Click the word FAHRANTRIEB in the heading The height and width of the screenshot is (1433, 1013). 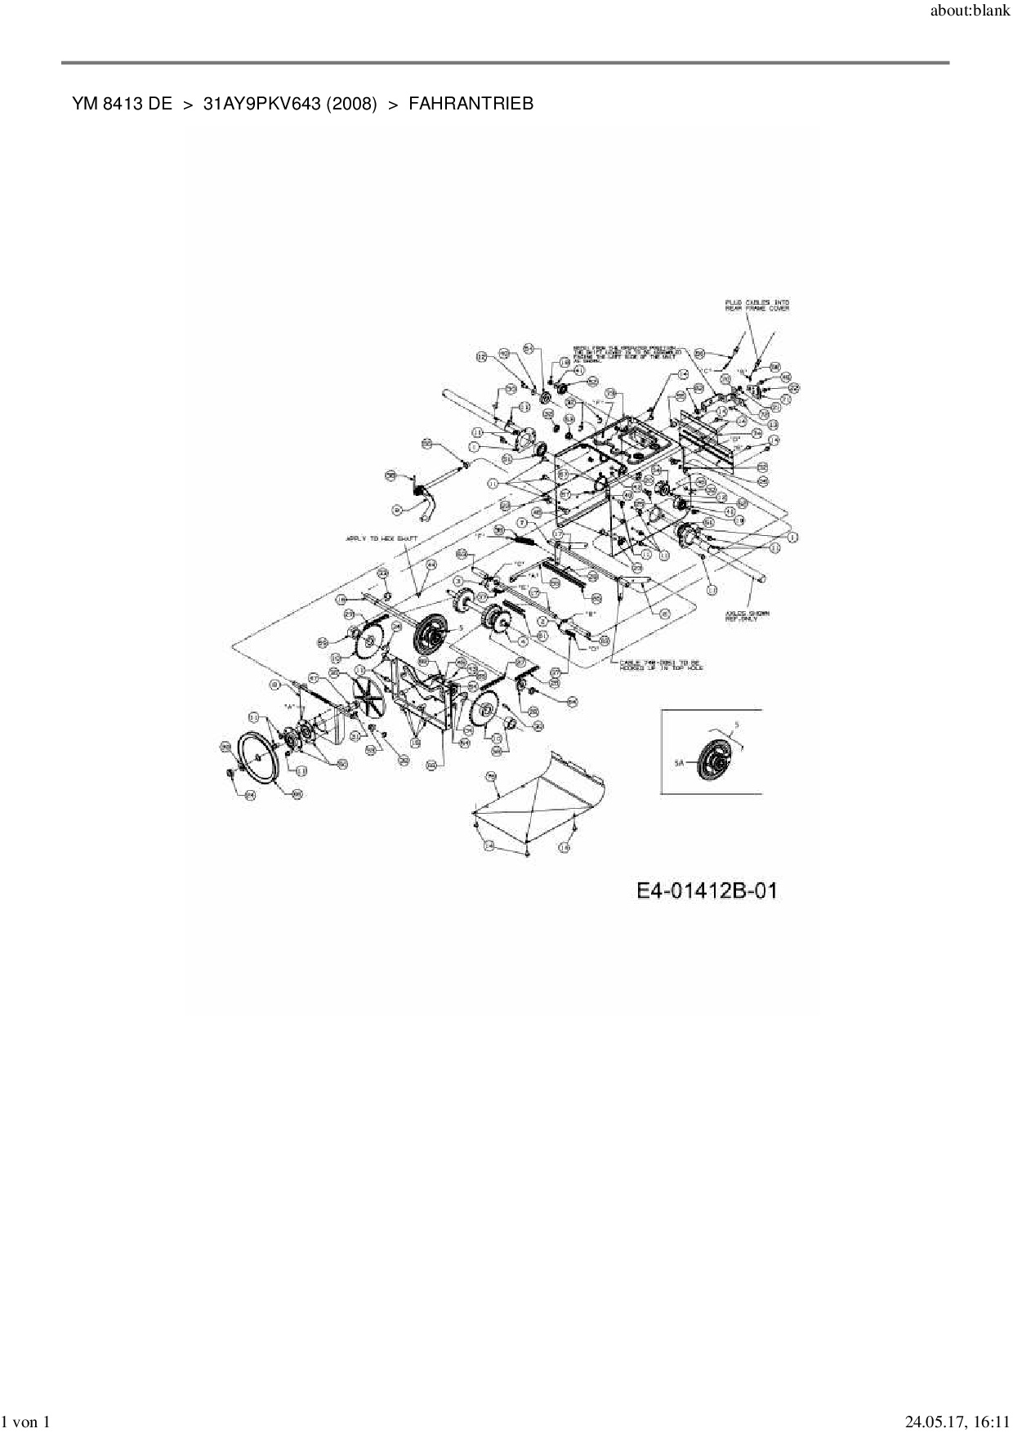click(471, 104)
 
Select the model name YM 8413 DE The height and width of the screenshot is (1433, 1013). click(122, 104)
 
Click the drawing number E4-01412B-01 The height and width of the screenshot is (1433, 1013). click(707, 890)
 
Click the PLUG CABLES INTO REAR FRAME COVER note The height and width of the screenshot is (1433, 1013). click(756, 306)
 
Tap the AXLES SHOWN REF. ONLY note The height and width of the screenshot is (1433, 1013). click(742, 615)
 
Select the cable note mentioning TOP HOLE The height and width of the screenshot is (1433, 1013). click(662, 664)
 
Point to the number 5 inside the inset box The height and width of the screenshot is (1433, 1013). click(737, 725)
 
